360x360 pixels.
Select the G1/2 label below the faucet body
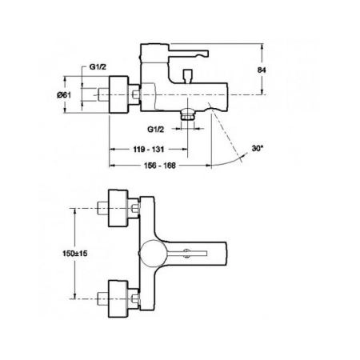tap(158, 128)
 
